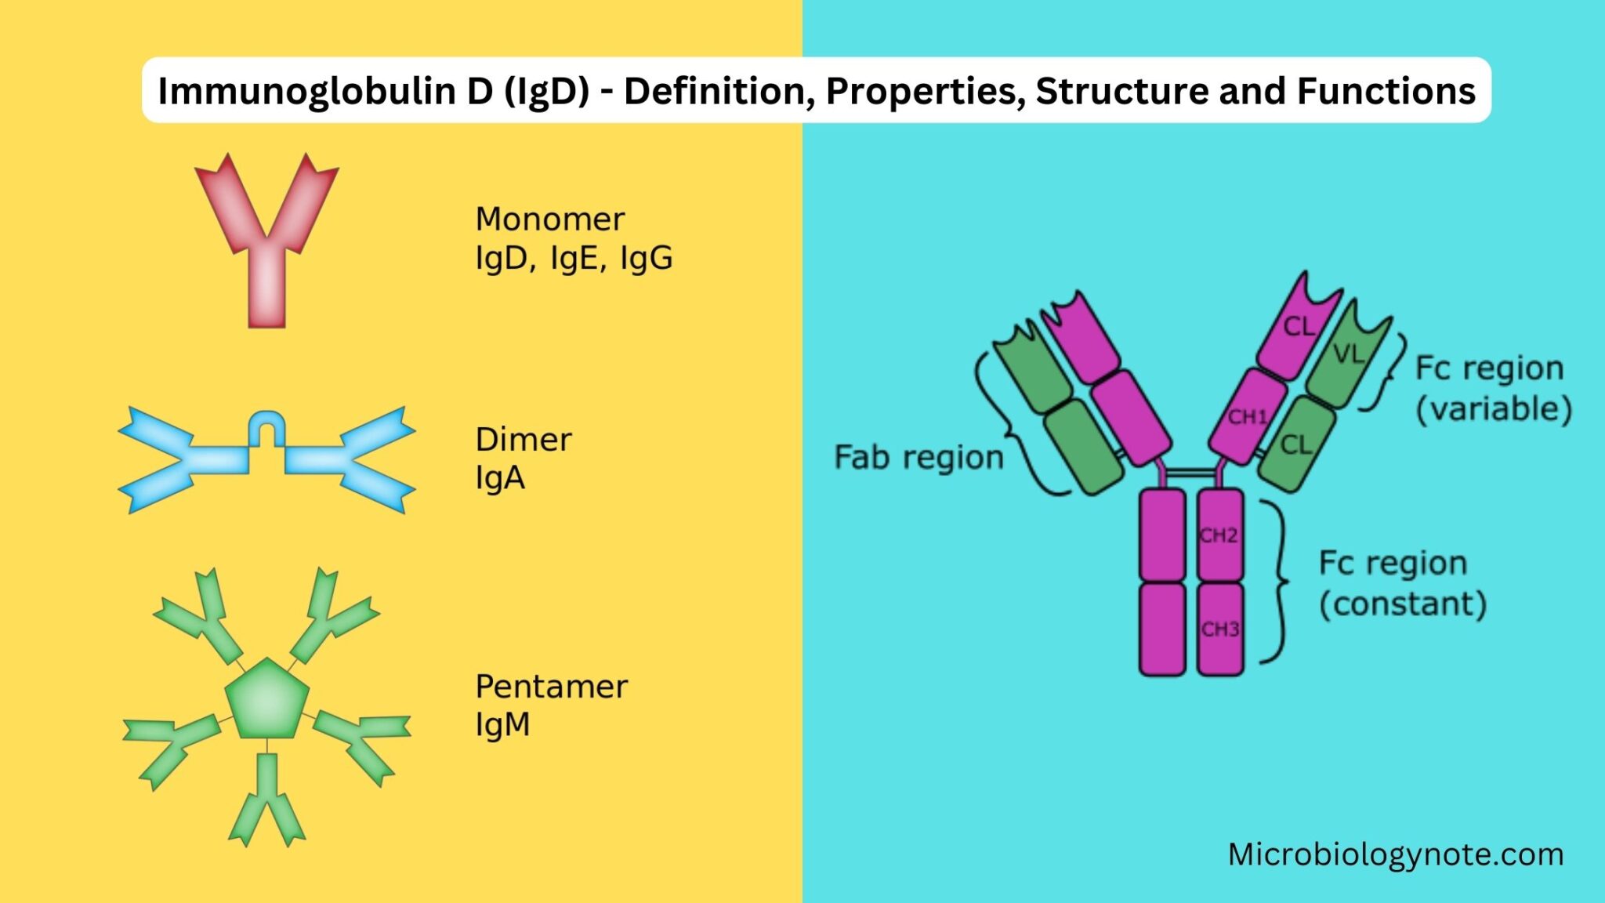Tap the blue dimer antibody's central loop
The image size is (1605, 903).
coord(266,427)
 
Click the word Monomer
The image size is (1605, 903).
coord(550,219)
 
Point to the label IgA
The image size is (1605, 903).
coord(499,478)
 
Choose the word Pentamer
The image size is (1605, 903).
coord(551,687)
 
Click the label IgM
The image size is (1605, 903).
coord(502,725)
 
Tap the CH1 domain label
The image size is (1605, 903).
coord(1247,416)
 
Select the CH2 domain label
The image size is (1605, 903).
coord(1219,535)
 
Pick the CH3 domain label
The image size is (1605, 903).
coord(1220,629)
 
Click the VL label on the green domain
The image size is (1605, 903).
coord(1348,355)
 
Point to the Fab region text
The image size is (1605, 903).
coord(918,458)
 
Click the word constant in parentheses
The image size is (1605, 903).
coord(1403,604)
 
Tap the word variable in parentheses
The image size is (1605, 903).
coord(1494,409)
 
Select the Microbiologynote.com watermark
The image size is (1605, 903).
coord(1395,854)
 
